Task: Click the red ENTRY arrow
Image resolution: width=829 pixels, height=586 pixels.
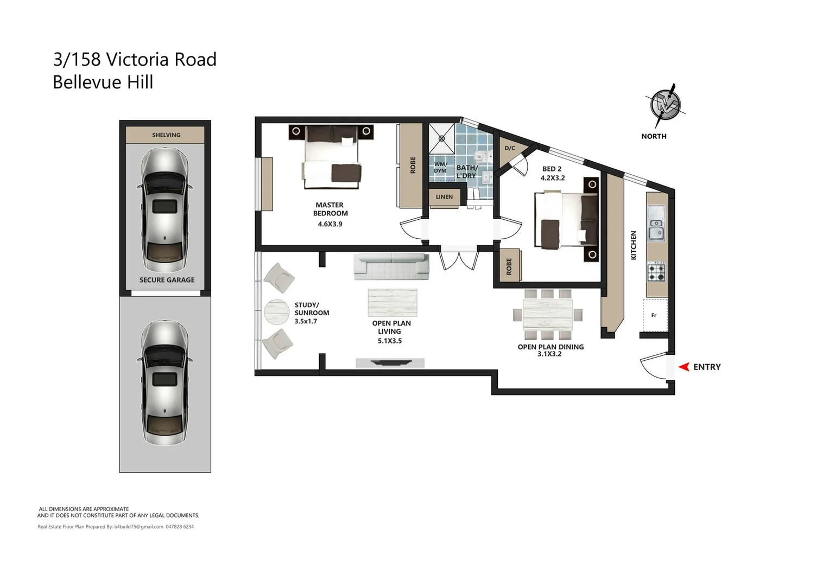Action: pos(684,367)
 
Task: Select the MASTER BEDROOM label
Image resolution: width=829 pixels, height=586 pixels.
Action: pos(330,209)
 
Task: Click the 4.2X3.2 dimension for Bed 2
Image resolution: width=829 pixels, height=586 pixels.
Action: pos(552,178)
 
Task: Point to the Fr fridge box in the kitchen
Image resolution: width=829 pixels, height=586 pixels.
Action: pos(654,315)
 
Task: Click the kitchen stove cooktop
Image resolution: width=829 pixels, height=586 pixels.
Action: pos(656,272)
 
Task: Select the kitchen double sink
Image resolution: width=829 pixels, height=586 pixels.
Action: pos(656,223)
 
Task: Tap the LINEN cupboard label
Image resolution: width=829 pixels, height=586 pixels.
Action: pos(444,197)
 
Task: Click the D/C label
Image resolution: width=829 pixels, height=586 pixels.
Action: pos(510,148)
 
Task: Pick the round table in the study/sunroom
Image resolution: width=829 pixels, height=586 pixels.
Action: pos(277,312)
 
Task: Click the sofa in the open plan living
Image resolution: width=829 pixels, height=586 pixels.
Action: pos(391,266)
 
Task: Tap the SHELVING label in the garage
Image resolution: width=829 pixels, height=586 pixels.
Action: pos(166,135)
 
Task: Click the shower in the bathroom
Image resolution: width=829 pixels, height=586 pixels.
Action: pos(442,138)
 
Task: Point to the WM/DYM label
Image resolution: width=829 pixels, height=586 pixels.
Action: pos(440,167)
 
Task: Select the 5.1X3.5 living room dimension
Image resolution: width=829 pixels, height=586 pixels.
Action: pos(390,341)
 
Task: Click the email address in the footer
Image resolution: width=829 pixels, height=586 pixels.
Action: pos(138,527)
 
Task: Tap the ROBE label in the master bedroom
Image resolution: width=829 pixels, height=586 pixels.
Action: pos(413,165)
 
